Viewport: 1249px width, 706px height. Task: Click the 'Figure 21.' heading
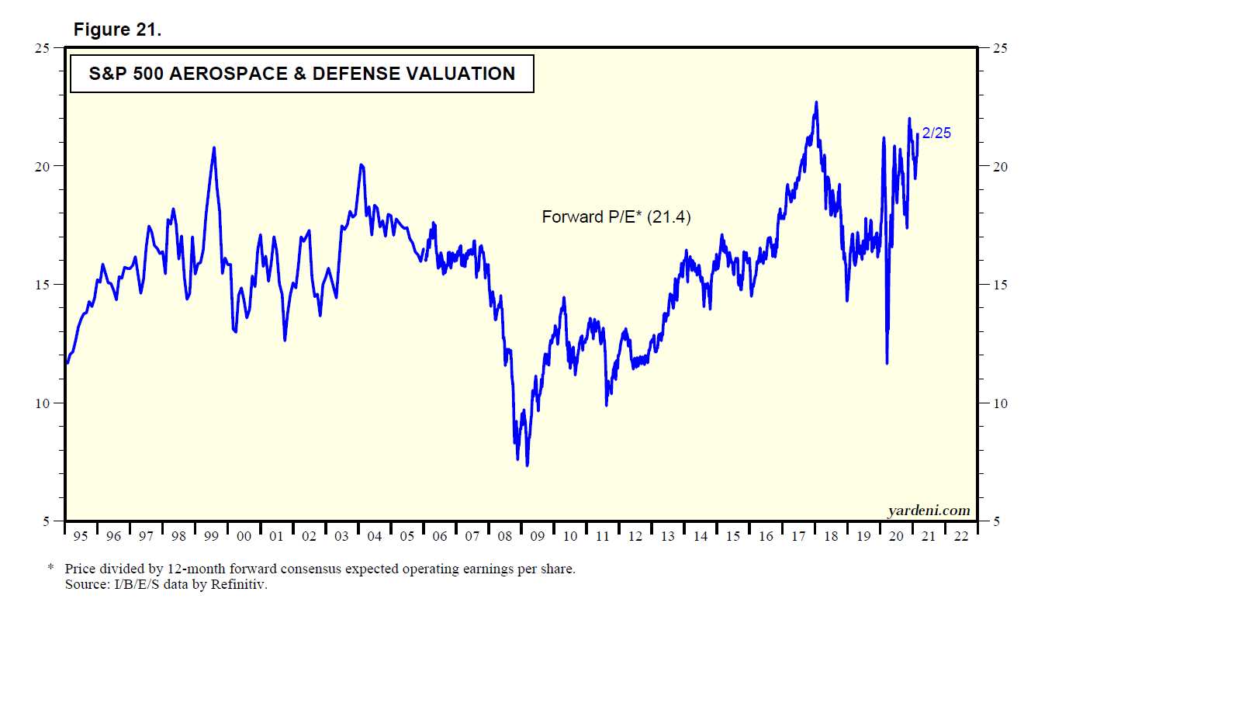point(117,29)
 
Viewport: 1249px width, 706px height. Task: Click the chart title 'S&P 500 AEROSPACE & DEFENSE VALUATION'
point(302,74)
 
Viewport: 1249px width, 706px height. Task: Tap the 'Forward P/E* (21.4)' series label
point(616,217)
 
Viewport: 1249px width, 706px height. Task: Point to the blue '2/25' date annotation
point(936,133)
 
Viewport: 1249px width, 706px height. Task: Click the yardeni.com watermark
point(929,510)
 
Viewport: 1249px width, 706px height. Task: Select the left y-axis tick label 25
point(42,48)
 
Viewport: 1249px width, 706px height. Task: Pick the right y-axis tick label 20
point(1001,167)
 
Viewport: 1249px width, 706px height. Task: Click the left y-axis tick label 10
point(42,403)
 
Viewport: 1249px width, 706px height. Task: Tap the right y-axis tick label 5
point(997,521)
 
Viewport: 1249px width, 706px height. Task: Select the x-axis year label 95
point(81,536)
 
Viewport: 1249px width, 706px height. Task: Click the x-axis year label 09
point(538,536)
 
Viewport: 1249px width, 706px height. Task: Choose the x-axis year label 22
point(961,536)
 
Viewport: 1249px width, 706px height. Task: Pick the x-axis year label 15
point(733,536)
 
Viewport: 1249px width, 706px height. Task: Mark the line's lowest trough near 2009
point(528,465)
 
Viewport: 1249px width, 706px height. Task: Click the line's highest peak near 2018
point(816,102)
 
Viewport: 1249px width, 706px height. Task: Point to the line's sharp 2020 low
point(887,362)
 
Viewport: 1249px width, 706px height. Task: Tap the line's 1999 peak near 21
point(214,148)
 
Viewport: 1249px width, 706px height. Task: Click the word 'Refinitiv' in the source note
point(238,585)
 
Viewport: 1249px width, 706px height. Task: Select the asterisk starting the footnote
point(51,569)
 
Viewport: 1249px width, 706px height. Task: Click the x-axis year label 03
point(341,536)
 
